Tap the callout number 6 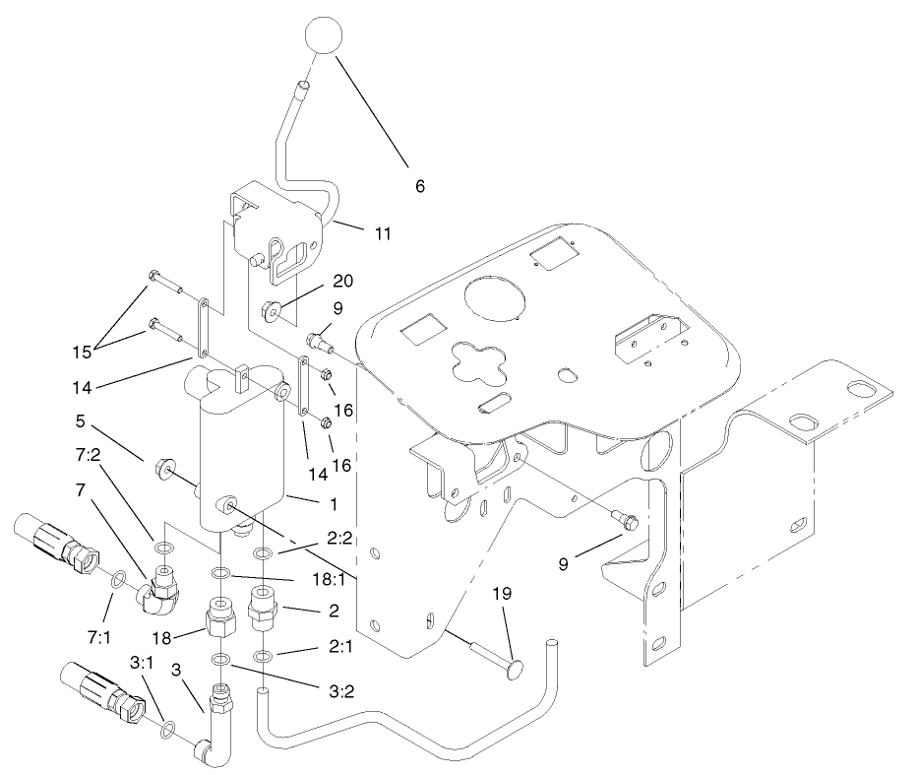419,185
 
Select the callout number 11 383,233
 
